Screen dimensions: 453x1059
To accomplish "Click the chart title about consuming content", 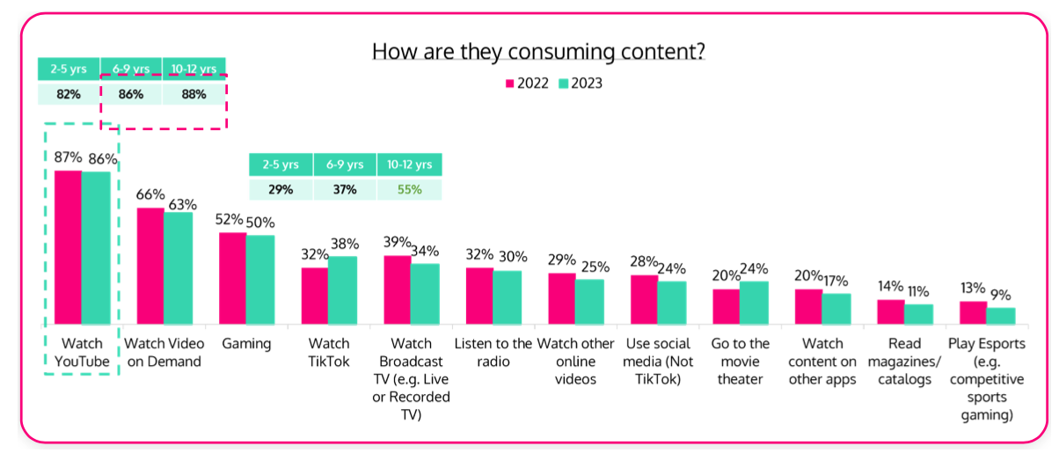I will pyautogui.click(x=538, y=51).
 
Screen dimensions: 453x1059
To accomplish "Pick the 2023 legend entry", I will pyautogui.click(x=580, y=84).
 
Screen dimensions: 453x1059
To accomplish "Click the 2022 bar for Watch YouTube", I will pyautogui.click(x=69, y=247).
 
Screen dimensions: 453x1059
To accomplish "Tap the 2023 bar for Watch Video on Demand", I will pyautogui.click(x=178, y=268).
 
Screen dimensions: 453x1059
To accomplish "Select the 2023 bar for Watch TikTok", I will pyautogui.click(x=342, y=290).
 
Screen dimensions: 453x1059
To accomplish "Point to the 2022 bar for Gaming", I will pyautogui.click(x=232, y=279).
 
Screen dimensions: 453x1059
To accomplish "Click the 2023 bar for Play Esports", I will pyautogui.click(x=1001, y=316).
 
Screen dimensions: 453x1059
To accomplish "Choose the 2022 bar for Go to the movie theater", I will pyautogui.click(x=726, y=306).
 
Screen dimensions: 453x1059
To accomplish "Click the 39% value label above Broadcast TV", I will pyautogui.click(x=398, y=242).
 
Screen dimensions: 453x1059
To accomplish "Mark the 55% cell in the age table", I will pyautogui.click(x=409, y=189).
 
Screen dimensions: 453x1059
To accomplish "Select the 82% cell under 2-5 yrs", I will pyautogui.click(x=69, y=93).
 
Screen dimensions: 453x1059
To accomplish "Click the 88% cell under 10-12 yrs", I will pyautogui.click(x=194, y=93).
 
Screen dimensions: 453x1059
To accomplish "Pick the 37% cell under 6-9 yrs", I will pyautogui.click(x=345, y=189).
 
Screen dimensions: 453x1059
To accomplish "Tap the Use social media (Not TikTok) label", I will pyautogui.click(x=657, y=361).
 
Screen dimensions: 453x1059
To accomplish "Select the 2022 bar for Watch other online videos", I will pyautogui.click(x=562, y=299).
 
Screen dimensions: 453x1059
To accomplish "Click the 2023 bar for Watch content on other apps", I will pyautogui.click(x=836, y=309).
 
